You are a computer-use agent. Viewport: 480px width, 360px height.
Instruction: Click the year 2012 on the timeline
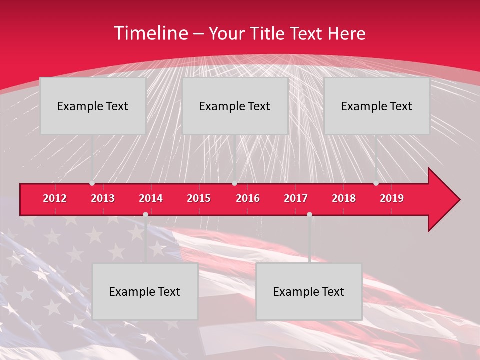pos(55,198)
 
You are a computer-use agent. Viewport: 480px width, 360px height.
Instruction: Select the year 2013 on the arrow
pos(103,198)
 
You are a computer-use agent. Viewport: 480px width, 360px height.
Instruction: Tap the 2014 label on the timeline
pos(151,198)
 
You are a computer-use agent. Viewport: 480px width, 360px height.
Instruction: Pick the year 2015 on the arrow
pos(199,198)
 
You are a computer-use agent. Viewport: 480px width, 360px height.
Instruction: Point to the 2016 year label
pos(248,198)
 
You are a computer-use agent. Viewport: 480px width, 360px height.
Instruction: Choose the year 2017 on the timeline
pos(296,198)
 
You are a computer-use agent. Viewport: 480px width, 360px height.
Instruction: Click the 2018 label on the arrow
pos(344,198)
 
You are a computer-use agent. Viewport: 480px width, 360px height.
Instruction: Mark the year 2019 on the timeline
pos(392,198)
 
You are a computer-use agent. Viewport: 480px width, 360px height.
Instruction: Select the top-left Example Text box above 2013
pos(93,106)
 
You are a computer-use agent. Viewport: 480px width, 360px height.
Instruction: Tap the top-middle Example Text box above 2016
pos(235,106)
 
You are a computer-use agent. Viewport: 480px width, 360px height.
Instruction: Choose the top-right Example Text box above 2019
pos(377,106)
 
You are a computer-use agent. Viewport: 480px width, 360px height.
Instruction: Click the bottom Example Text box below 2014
pos(145,291)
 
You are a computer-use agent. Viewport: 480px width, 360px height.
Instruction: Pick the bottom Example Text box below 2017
pos(309,291)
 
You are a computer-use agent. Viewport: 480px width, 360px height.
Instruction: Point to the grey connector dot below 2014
pos(145,214)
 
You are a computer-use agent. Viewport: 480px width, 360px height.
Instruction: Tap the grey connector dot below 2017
pos(309,214)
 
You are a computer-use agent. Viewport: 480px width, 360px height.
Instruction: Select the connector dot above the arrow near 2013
pos(92,183)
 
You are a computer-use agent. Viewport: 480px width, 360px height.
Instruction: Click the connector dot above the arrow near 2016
pos(234,183)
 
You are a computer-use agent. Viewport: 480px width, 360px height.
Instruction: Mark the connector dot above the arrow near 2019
pos(376,183)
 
